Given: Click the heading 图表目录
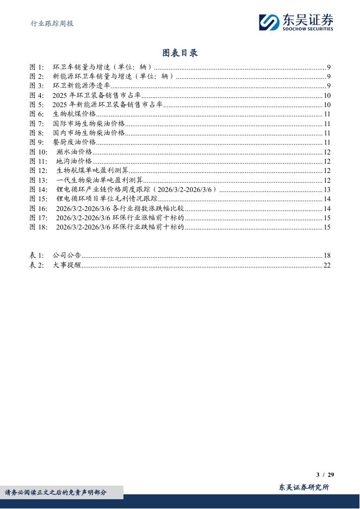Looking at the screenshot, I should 180,53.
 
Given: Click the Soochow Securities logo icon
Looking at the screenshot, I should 269,22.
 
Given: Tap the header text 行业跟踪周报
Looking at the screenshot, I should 51,23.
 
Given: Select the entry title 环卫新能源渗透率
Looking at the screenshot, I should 82,86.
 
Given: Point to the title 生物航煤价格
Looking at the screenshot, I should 74,114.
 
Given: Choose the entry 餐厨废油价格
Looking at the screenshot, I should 74,142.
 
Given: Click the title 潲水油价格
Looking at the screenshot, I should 75,152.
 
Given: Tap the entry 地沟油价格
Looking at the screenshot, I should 74,162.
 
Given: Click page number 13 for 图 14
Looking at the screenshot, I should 327,190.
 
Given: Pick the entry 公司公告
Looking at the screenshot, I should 67,256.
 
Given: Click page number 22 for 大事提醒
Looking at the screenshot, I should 327,265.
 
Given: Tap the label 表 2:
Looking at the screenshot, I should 37,265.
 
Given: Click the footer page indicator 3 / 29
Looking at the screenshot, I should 325,475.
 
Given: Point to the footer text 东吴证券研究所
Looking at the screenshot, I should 303,487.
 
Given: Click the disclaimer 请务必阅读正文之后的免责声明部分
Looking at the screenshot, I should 56,493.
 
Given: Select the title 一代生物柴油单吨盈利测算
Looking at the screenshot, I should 100,180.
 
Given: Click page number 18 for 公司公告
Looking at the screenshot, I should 327,256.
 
